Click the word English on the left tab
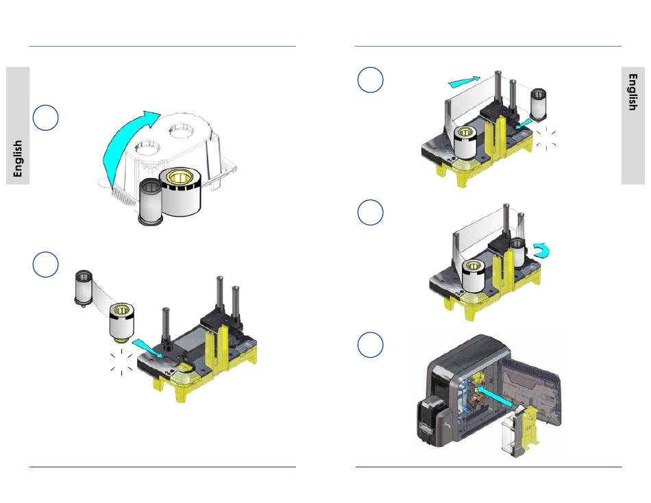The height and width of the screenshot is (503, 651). pyautogui.click(x=17, y=158)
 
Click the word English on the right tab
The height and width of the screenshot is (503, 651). pyautogui.click(x=632, y=93)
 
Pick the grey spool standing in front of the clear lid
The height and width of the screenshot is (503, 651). pyautogui.click(x=150, y=202)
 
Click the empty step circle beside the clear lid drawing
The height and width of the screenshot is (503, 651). pyautogui.click(x=45, y=118)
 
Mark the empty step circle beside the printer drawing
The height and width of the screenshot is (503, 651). pyautogui.click(x=370, y=345)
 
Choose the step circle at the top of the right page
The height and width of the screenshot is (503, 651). pyautogui.click(x=370, y=79)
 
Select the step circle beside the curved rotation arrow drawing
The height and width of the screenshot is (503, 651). pyautogui.click(x=370, y=212)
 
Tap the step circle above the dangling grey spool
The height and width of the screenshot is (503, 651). pyautogui.click(x=45, y=264)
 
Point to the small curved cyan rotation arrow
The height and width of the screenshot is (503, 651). pyautogui.click(x=542, y=250)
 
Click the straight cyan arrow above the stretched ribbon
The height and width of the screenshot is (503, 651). pyautogui.click(x=464, y=82)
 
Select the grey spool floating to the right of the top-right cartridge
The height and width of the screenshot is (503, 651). pyautogui.click(x=538, y=105)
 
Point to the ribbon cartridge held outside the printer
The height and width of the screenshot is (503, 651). pyautogui.click(x=520, y=432)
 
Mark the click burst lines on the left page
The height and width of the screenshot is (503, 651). pyautogui.click(x=121, y=362)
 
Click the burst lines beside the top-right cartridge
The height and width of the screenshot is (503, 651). pyautogui.click(x=546, y=138)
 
